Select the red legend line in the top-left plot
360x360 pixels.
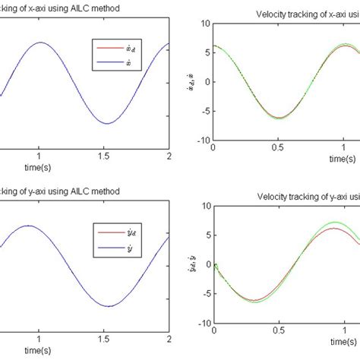pyautogui.click(x=106, y=46)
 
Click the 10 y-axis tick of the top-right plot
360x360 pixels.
pyautogui.click(x=204, y=23)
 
